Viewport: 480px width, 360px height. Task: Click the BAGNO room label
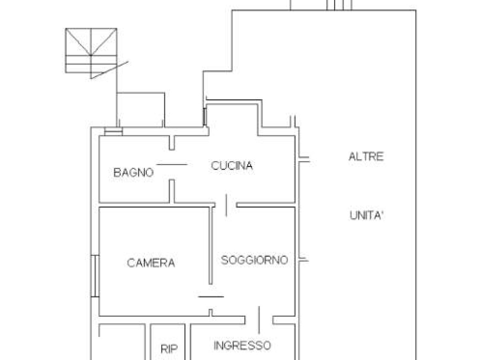(133, 173)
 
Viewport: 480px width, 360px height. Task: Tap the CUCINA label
(232, 166)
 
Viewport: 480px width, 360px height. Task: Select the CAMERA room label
(151, 263)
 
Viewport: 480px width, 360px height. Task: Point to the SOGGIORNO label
(254, 260)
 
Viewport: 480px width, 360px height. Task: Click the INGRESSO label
(242, 346)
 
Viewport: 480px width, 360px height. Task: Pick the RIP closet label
(169, 349)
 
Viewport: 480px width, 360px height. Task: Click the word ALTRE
(366, 156)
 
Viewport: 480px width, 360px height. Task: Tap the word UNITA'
(366, 215)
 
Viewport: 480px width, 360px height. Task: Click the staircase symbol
(91, 50)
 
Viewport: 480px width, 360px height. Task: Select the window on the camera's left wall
(95, 276)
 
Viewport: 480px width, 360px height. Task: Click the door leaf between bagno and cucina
(172, 164)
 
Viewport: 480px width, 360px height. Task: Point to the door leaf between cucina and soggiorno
(226, 205)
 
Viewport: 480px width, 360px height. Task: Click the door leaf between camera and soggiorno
(211, 297)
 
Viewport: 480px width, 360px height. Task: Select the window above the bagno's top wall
(113, 131)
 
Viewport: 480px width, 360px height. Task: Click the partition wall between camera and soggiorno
(210, 246)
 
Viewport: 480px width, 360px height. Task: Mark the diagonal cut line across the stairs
(110, 70)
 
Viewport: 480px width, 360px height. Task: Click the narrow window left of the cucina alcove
(205, 117)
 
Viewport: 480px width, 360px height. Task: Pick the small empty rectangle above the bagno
(141, 110)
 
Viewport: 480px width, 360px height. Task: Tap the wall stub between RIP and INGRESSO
(188, 342)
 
